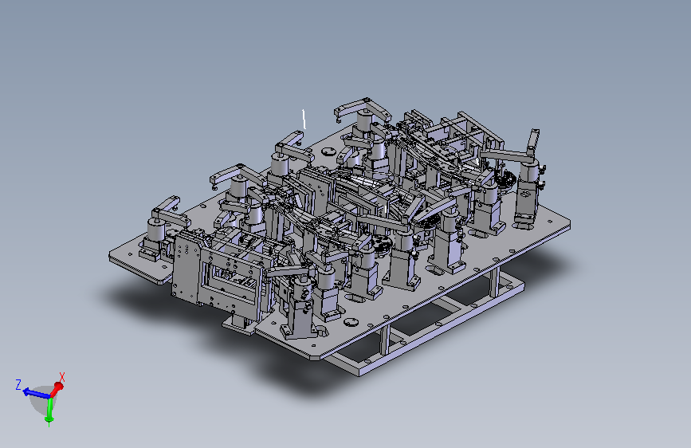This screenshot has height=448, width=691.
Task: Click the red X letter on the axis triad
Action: pos(62,377)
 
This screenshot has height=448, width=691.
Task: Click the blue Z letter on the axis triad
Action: pos(18,384)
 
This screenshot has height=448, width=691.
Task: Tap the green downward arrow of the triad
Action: pos(49,411)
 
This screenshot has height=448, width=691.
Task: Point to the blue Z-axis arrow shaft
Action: pos(37,393)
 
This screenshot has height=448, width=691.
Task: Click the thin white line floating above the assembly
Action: pos(304,119)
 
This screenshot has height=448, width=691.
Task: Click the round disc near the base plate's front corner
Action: pos(351,322)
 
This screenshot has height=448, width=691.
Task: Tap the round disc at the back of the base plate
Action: pos(328,152)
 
